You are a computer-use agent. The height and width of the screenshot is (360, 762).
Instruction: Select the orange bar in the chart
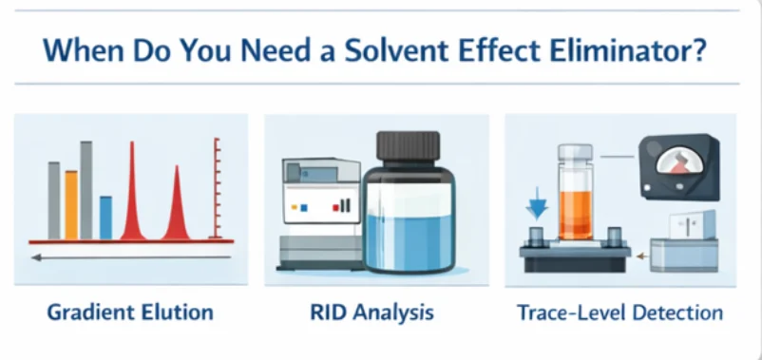point(71,205)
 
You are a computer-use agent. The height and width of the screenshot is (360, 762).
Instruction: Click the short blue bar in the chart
point(106,218)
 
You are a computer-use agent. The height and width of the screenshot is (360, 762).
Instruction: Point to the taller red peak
point(132,195)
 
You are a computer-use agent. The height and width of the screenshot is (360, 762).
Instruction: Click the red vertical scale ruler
point(217,188)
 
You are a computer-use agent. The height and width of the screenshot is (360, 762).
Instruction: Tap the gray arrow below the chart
point(131,257)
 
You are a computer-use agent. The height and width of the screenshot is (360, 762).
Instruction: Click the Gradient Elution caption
point(130,312)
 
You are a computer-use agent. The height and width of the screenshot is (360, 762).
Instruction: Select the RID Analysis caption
point(371,312)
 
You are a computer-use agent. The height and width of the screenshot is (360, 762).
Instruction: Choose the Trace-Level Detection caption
point(620,313)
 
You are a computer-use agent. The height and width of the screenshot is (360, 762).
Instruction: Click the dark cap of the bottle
point(409,145)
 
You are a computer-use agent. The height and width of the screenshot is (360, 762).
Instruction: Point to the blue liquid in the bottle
point(410,241)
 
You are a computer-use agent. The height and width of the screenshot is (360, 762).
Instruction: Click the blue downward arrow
point(537,203)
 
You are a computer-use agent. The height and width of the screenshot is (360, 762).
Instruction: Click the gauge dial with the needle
point(679,161)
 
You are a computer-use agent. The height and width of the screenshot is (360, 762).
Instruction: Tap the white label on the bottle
point(410,198)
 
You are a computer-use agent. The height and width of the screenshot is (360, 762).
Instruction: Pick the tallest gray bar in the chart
point(86,190)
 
